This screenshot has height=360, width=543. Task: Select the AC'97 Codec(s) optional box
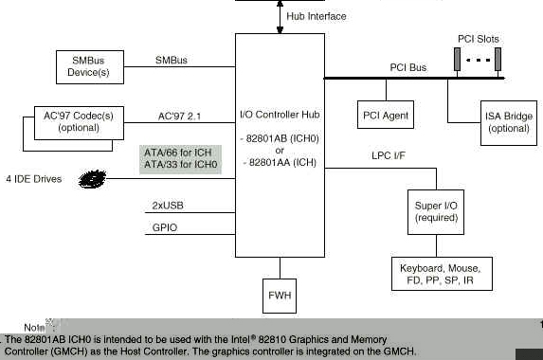(x=79, y=121)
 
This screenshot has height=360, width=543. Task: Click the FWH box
(x=280, y=296)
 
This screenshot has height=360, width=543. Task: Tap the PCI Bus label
(x=408, y=68)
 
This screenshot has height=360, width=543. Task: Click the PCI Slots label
(x=478, y=39)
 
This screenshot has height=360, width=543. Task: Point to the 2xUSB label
(x=169, y=205)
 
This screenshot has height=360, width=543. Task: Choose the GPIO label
(x=165, y=227)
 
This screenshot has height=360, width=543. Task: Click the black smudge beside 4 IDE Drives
(x=93, y=177)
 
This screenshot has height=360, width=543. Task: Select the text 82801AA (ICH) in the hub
(x=280, y=163)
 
